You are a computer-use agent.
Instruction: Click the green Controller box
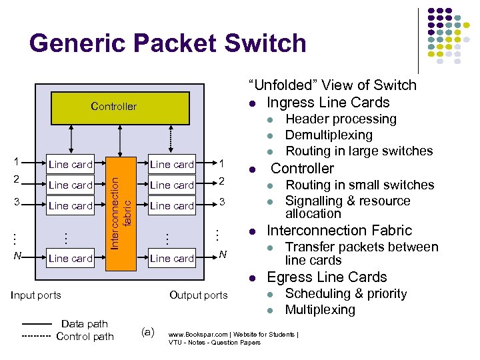[x=113, y=106]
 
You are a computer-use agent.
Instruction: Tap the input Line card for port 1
[x=70, y=165]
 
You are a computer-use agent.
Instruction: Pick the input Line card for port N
[x=70, y=258]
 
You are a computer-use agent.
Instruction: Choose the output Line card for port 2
[x=171, y=185]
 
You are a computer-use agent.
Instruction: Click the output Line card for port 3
[x=171, y=206]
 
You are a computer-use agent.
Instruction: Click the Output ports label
[x=198, y=295]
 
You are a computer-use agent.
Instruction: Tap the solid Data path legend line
[x=36, y=325]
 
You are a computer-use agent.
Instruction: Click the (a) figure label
[x=148, y=331]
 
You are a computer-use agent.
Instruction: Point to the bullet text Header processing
[x=341, y=119]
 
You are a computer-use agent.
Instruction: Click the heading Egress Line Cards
[x=327, y=277]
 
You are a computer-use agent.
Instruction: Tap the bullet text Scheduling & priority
[x=346, y=294]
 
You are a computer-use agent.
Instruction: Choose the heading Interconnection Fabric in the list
[x=339, y=231]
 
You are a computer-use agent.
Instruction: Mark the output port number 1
[x=223, y=164]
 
